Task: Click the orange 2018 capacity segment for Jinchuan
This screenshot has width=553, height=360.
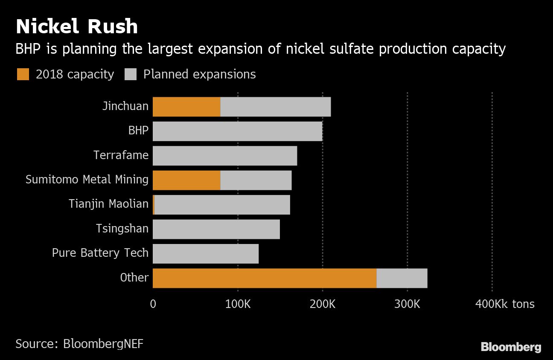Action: click(186, 107)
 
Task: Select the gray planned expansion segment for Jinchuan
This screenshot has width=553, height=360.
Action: click(276, 107)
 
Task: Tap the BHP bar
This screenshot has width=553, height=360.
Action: click(237, 131)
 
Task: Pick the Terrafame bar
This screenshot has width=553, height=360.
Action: click(225, 156)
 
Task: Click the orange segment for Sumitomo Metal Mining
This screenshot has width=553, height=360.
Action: click(186, 180)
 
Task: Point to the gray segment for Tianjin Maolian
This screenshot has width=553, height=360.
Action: click(222, 205)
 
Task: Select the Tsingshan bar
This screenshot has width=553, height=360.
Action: click(216, 229)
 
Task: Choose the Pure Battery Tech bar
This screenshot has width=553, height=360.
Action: click(206, 254)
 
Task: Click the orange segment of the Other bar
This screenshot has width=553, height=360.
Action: click(265, 278)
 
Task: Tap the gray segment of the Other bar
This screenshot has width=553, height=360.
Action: click(402, 278)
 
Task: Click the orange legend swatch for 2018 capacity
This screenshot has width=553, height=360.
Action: click(23, 75)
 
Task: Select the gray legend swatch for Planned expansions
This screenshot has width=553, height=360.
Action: click(131, 75)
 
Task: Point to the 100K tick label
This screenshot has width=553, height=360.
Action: click(238, 304)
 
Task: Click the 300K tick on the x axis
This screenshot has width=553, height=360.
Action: click(407, 304)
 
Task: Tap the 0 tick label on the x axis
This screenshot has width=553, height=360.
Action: click(153, 304)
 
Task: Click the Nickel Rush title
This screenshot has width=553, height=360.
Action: click(77, 26)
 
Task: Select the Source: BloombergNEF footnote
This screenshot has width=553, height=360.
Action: click(79, 344)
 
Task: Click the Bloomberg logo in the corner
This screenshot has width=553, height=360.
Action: click(511, 347)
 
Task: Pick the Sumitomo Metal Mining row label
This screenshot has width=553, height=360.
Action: click(87, 180)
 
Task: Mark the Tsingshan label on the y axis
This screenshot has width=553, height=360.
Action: click(122, 229)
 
